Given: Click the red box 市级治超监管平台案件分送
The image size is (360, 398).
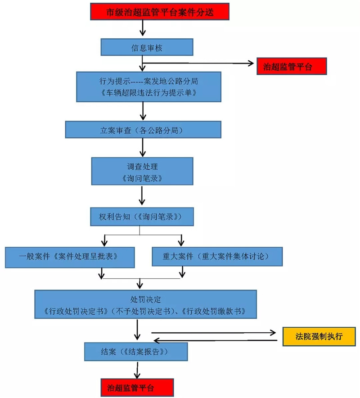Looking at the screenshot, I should point(160,12).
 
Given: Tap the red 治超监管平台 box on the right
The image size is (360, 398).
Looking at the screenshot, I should point(291,67).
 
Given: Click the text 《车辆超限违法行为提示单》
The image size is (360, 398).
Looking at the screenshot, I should point(148,93).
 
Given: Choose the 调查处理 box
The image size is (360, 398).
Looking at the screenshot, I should point(142,172).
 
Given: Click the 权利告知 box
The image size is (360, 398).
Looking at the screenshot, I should point(142,217).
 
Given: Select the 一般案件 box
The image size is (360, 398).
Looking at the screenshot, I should point(70,256).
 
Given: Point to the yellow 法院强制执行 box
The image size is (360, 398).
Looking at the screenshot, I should point(319,336).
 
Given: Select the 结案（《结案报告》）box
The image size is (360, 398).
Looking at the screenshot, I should point(135,351).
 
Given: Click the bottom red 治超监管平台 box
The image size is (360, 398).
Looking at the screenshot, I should point(136,387).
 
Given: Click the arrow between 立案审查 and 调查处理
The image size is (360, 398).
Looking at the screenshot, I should point(143,147).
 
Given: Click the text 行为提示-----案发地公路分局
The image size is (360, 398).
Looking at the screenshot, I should point(148,82).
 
